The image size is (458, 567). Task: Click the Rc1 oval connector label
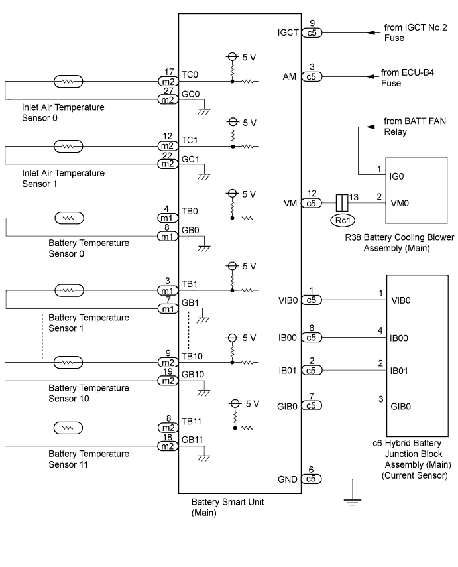[342, 220]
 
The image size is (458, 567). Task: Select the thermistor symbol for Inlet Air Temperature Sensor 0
[68, 82]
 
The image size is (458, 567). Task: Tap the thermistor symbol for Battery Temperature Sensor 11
[68, 428]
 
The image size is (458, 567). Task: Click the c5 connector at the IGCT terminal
[312, 33]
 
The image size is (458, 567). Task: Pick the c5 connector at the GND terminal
[312, 479]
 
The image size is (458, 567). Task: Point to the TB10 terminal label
[192, 357]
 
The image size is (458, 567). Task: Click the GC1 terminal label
[190, 159]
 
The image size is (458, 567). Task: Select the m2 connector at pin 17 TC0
[168, 82]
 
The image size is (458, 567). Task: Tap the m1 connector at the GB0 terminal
[168, 237]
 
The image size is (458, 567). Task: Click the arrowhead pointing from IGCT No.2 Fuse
[371, 32]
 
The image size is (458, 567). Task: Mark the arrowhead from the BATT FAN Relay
[371, 127]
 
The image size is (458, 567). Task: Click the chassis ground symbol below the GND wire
[353, 502]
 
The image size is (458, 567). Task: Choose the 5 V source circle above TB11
[235, 404]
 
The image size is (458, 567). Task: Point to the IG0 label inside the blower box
[396, 176]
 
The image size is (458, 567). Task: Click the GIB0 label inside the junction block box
[400, 407]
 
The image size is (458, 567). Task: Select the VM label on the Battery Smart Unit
[290, 203]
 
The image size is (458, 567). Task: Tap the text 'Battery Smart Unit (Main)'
[228, 507]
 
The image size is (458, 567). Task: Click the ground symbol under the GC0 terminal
[204, 111]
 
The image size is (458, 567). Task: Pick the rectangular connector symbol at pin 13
[342, 203]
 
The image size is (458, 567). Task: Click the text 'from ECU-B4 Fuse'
[408, 78]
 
